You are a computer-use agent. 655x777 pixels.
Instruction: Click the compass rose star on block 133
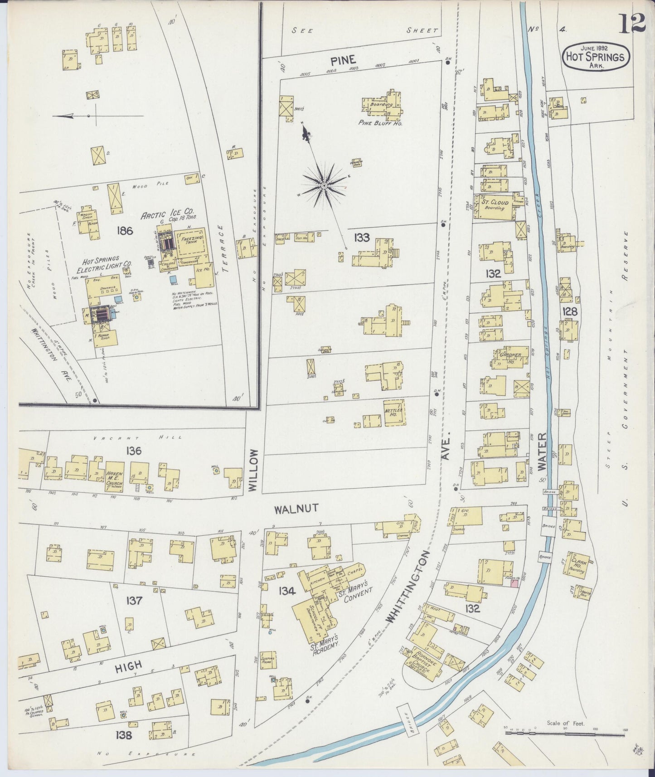(x=325, y=186)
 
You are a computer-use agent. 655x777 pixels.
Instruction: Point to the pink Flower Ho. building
(x=514, y=584)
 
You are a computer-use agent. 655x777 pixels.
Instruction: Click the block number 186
(x=124, y=231)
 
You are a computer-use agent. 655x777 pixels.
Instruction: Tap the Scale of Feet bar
(x=565, y=731)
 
